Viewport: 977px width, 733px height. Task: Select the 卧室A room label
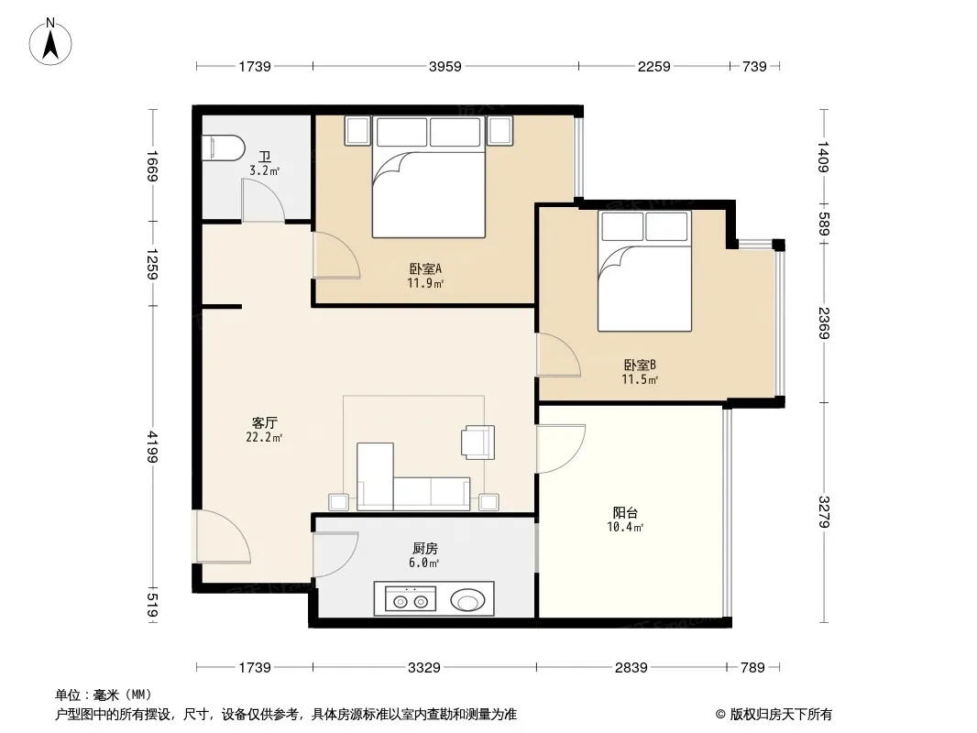pos(425,269)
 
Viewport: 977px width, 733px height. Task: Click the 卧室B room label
pos(640,365)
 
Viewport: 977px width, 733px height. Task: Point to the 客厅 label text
pos(265,423)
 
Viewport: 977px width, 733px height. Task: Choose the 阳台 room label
pos(625,512)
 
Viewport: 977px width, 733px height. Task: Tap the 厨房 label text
pos(425,548)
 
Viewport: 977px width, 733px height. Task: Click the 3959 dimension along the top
pos(445,66)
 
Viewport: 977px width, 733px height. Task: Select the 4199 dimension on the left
pos(152,447)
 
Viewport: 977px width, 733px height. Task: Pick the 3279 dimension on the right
pos(824,511)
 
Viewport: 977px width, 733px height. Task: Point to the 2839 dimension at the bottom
pos(631,668)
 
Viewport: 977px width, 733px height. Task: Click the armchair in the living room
pos(478,443)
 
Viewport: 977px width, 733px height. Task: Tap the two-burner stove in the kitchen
pos(410,599)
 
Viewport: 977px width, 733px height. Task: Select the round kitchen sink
pos(467,601)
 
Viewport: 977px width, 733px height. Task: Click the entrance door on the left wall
pos(223,536)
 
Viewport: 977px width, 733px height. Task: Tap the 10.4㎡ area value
pos(625,528)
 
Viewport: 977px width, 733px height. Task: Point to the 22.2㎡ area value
pos(264,438)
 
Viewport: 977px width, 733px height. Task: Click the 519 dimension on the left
pos(152,606)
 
